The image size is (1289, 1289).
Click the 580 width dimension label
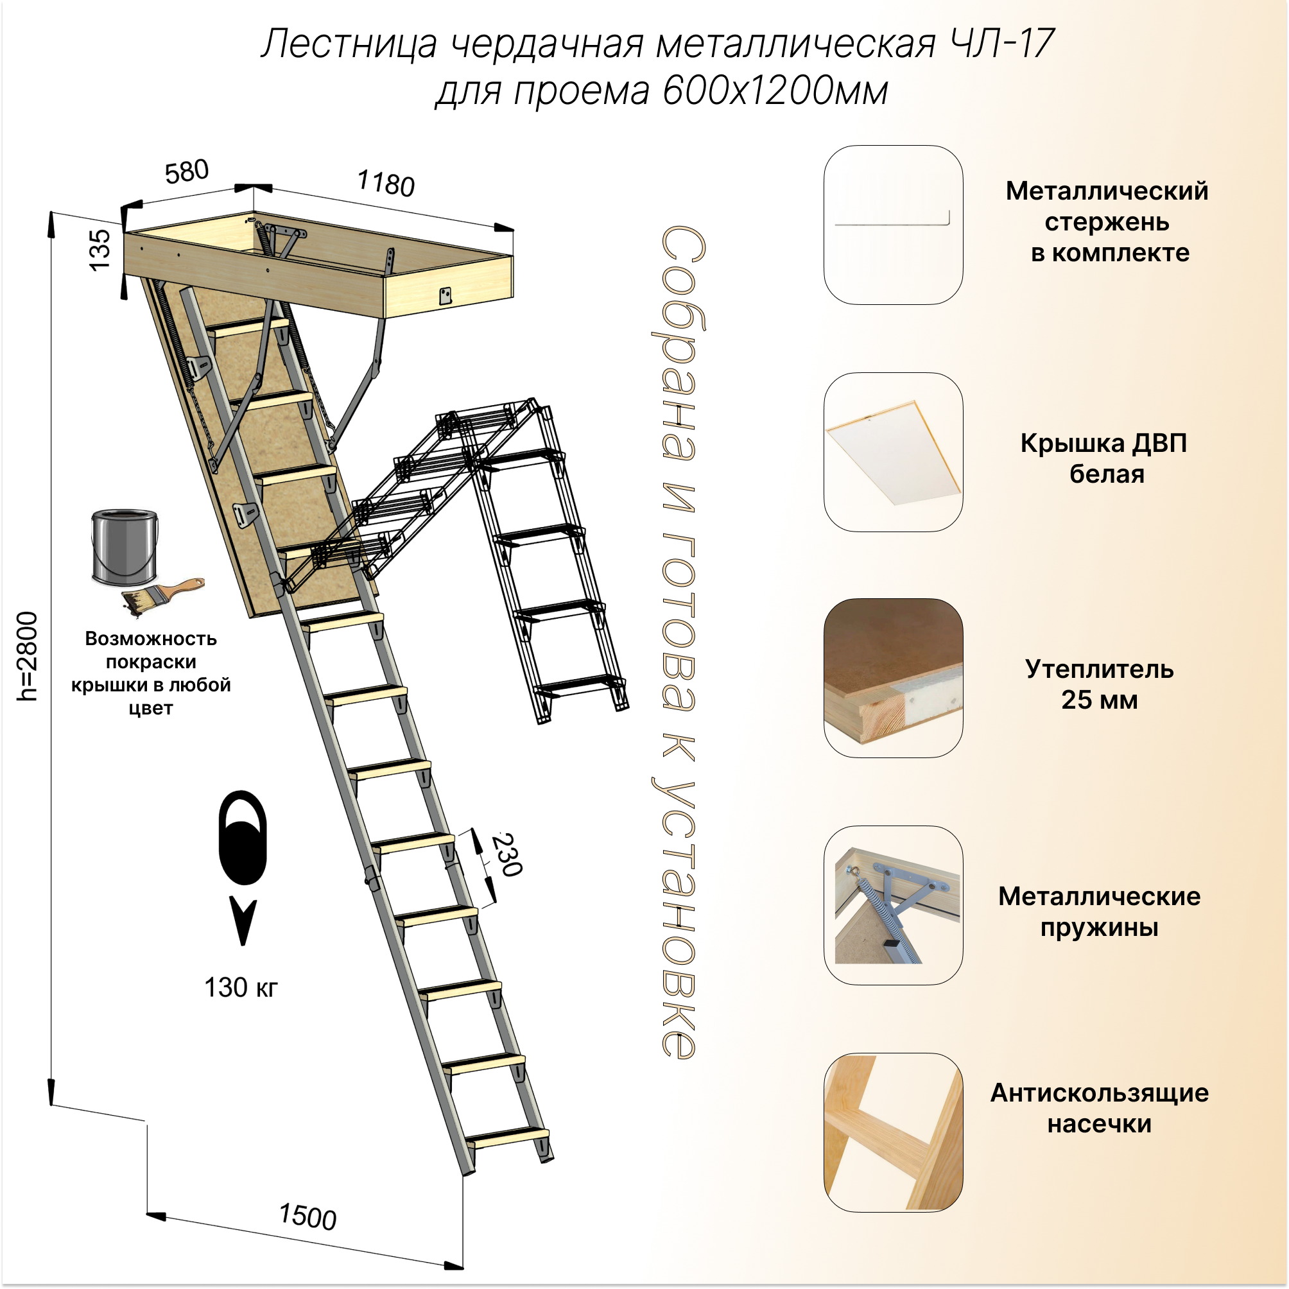(187, 172)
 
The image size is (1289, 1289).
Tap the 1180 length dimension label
(386, 183)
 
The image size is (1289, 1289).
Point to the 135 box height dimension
(100, 250)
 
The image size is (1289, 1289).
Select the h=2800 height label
(28, 657)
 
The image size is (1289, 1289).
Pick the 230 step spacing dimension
(507, 854)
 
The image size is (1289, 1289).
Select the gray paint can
(125, 546)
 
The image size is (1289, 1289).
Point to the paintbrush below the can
(162, 595)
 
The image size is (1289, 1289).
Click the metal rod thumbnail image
(893, 225)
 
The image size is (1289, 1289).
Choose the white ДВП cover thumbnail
(893, 452)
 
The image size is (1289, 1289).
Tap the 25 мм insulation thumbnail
(893, 678)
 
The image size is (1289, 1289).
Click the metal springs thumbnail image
(893, 905)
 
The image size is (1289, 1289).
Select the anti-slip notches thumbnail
(893, 1132)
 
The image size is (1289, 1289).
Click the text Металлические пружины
(1099, 912)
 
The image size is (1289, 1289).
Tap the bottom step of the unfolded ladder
(507, 1136)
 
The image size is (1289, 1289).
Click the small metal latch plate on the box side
(445, 295)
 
